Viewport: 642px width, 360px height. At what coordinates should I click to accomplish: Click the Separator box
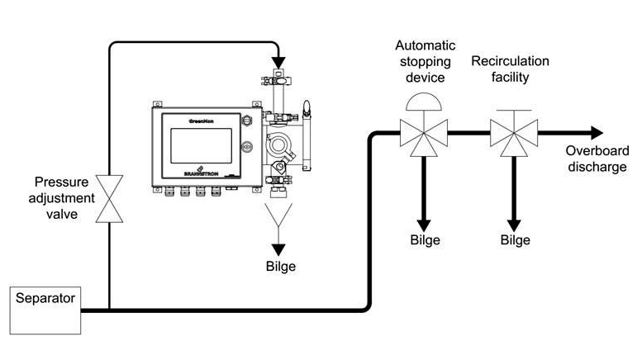tap(46, 310)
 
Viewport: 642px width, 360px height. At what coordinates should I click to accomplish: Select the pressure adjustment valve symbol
tap(109, 198)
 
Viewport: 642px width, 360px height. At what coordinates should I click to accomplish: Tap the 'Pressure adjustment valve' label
tap(63, 199)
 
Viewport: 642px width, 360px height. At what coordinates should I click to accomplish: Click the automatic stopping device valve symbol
tap(423, 132)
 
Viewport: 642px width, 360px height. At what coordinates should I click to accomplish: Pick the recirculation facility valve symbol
tap(513, 132)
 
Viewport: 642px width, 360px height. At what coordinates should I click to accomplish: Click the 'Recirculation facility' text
tap(510, 69)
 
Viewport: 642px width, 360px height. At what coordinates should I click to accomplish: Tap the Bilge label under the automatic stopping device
tap(425, 240)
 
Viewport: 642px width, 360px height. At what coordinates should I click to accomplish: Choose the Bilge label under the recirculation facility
tap(514, 240)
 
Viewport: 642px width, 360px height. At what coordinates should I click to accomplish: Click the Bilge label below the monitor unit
tap(280, 267)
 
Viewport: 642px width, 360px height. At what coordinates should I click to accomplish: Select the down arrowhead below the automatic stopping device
tap(424, 223)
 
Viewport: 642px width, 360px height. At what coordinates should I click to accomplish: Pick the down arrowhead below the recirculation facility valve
tap(513, 223)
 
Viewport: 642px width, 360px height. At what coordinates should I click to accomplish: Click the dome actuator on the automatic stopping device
tap(423, 100)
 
